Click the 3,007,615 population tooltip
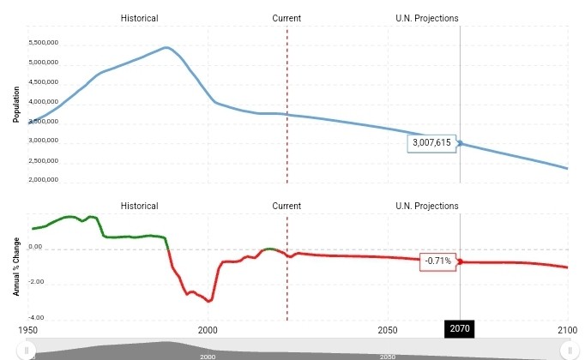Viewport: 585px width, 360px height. point(431,142)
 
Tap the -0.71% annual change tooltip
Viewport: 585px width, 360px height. point(437,261)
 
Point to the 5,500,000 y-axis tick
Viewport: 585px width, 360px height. point(44,43)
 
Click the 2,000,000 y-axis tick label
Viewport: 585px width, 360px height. point(44,180)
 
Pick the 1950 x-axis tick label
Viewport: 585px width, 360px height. point(27,329)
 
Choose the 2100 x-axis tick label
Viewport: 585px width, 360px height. point(567,329)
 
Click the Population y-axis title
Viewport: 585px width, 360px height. point(15,104)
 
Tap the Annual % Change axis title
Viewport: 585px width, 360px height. point(15,265)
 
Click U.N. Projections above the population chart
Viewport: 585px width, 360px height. point(427,18)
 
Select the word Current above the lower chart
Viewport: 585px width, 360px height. point(286,206)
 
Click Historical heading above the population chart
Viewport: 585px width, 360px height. point(139,18)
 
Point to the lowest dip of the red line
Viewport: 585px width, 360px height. point(209,302)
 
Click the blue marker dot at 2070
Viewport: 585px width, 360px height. point(461,143)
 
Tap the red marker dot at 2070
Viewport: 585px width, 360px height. point(461,261)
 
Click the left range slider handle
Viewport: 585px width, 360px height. point(27,350)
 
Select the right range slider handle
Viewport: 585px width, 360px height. point(569,350)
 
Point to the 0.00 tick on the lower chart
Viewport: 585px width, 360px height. point(35,248)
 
